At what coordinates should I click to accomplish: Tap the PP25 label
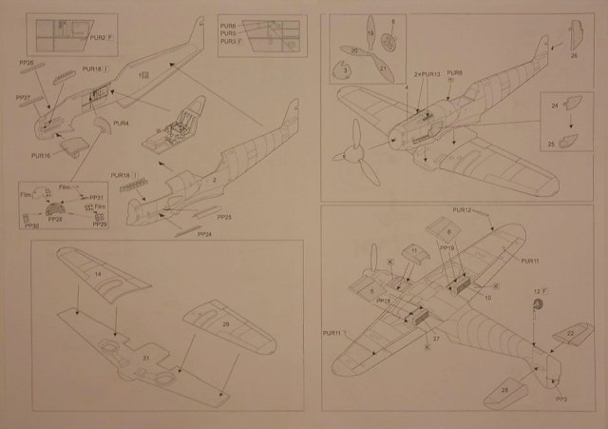224,218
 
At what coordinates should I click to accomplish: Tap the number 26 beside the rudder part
574,56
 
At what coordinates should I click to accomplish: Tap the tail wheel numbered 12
537,303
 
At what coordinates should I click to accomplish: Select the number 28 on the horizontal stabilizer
503,389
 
